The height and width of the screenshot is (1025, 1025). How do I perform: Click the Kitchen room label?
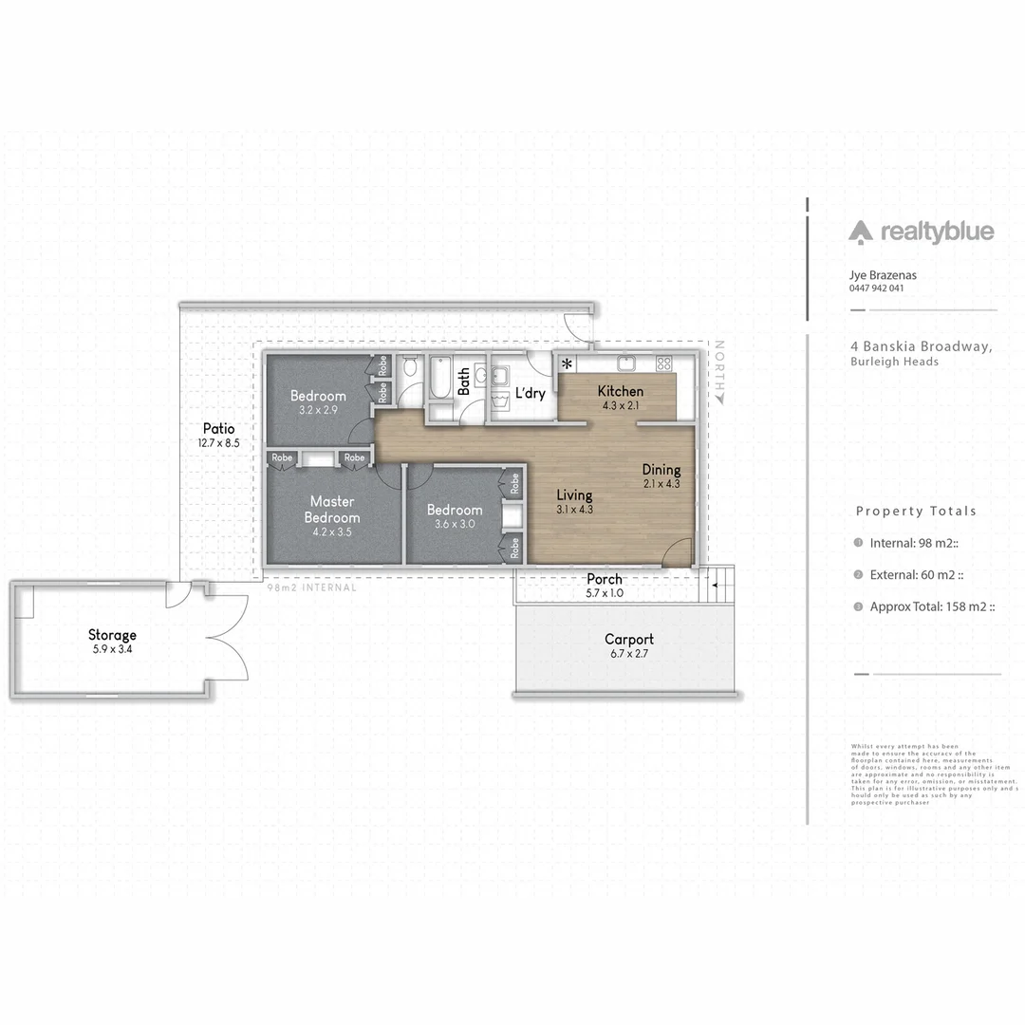click(x=621, y=391)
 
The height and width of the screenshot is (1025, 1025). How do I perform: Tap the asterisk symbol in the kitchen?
click(x=568, y=364)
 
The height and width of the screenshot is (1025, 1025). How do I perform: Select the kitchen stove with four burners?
click(x=664, y=363)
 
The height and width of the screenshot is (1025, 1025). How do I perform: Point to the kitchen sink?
click(x=626, y=363)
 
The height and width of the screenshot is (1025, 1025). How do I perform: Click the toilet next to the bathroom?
click(x=409, y=366)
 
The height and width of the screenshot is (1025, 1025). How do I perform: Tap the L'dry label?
click(x=530, y=393)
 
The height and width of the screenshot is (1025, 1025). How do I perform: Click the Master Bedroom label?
click(x=332, y=509)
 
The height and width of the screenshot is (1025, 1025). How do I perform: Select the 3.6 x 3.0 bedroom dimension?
click(x=454, y=524)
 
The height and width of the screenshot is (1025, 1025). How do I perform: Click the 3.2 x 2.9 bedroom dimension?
click(x=318, y=410)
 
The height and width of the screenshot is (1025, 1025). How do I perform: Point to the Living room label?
click(x=574, y=494)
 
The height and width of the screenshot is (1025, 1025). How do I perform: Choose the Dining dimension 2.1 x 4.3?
click(x=661, y=484)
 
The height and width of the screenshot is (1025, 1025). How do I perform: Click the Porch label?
click(x=605, y=579)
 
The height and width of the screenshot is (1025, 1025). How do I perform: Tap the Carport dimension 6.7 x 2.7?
click(x=629, y=654)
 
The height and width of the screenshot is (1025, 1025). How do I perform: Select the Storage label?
click(x=112, y=635)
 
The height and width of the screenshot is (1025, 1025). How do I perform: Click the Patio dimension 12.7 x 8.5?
click(x=217, y=443)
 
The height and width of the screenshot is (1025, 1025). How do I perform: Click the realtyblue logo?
click(x=922, y=232)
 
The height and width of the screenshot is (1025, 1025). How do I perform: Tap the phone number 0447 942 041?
click(x=876, y=288)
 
